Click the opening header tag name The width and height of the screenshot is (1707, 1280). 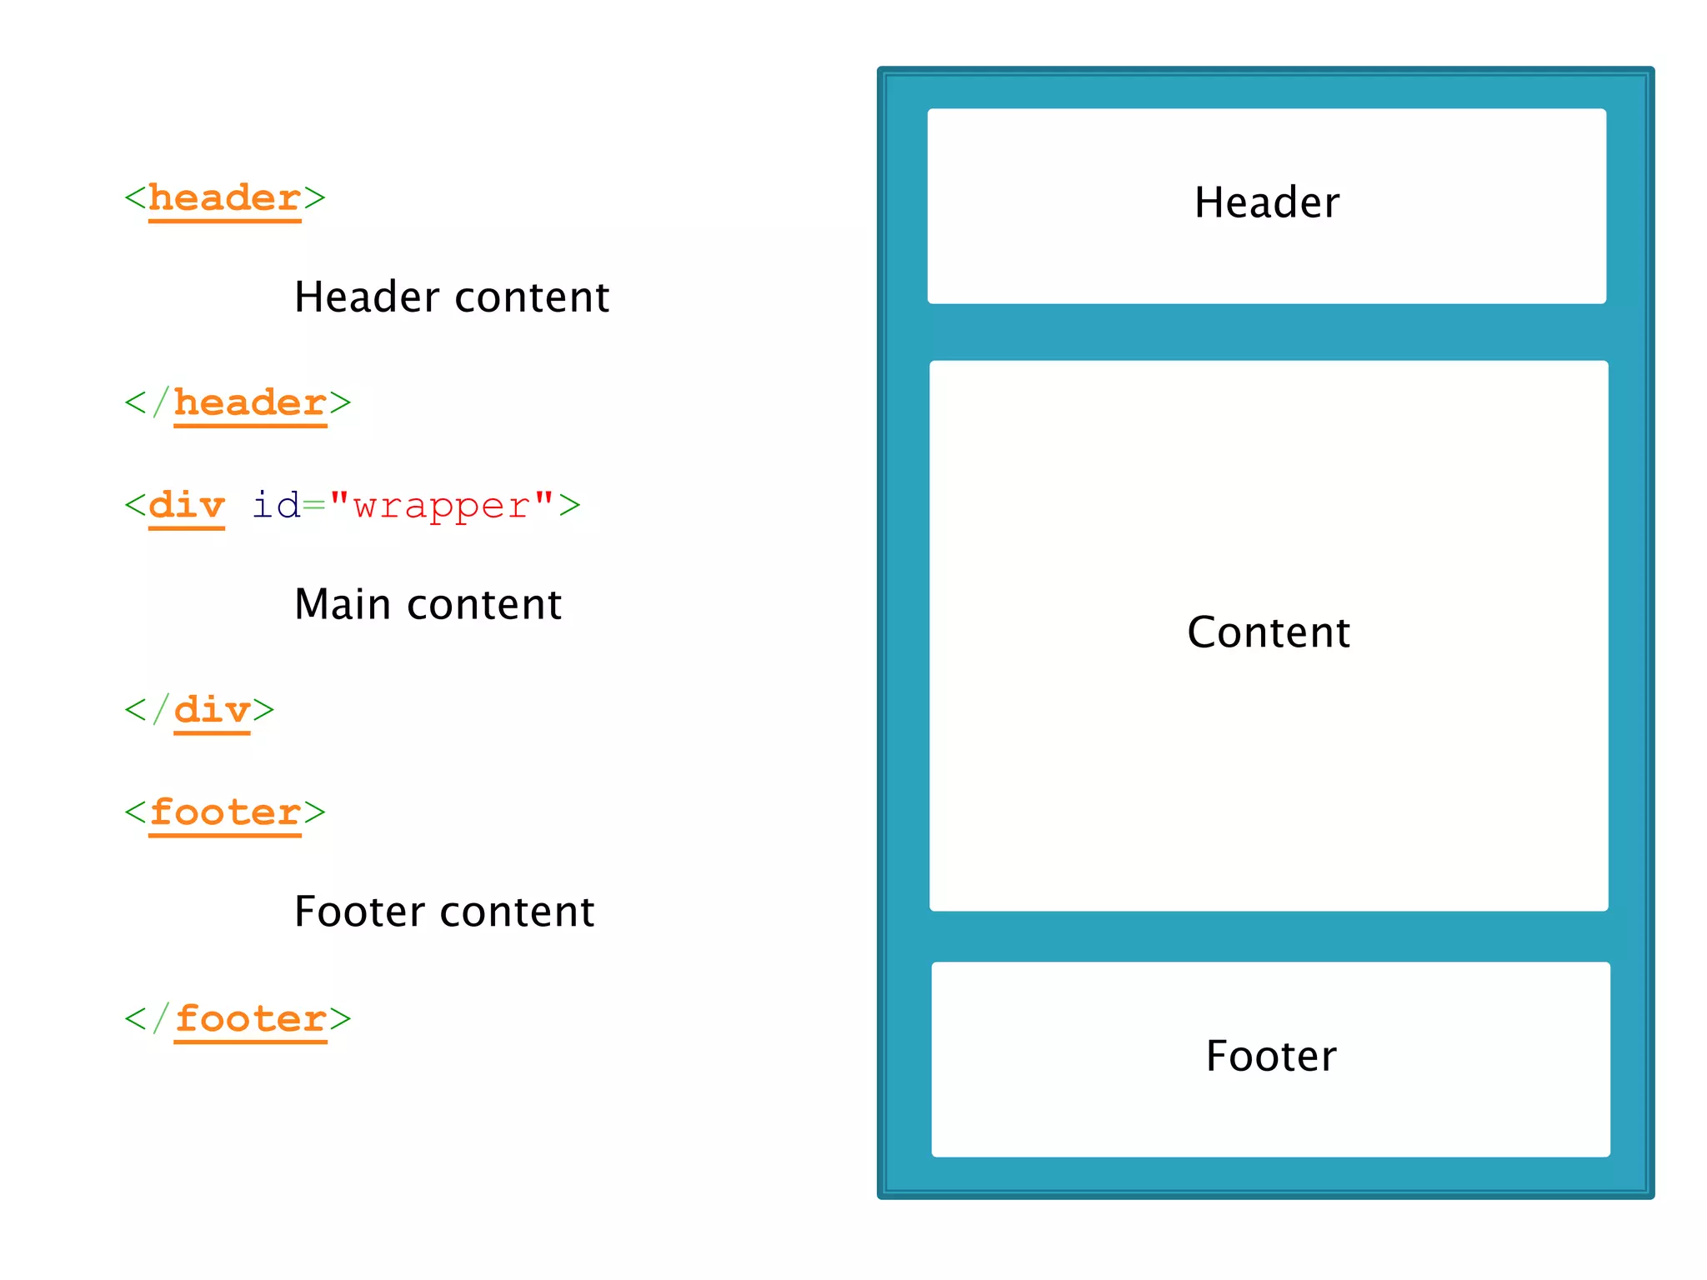[224, 199]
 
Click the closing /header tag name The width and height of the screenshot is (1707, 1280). [250, 404]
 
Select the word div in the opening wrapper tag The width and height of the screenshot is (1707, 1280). [187, 506]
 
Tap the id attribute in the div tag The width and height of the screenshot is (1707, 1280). [276, 506]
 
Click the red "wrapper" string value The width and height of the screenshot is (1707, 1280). [441, 506]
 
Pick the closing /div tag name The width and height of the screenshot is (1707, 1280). [212, 711]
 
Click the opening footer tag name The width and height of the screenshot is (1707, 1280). [224, 813]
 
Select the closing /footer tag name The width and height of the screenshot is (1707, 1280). [250, 1019]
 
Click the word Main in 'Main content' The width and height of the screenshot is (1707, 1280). [342, 605]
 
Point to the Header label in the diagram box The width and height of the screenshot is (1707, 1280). [1266, 203]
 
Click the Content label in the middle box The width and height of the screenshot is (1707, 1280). [1268, 632]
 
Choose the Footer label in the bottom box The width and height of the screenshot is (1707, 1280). [1270, 1057]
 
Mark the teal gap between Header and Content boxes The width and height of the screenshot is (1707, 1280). [1267, 332]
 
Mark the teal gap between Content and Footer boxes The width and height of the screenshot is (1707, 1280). [1269, 937]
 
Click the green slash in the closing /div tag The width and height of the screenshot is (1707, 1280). [160, 711]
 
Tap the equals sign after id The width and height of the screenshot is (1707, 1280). [314, 506]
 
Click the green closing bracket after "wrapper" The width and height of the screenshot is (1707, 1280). [569, 506]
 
